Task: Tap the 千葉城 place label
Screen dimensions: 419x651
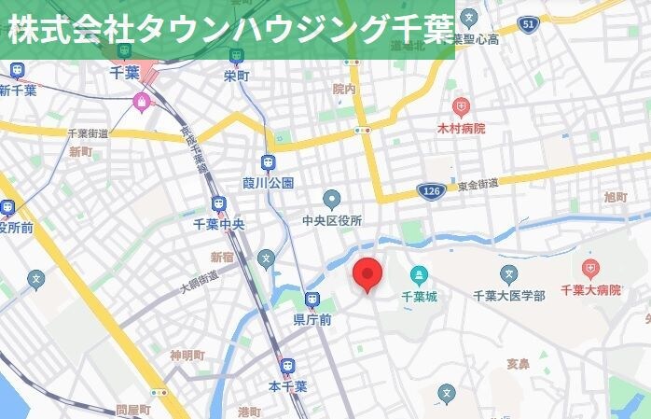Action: [419, 297]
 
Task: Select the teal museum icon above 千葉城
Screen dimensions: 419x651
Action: [419, 274]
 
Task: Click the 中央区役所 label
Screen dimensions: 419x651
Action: [332, 220]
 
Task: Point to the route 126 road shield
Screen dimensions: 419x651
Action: [430, 190]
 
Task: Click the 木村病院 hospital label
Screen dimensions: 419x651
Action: [461, 128]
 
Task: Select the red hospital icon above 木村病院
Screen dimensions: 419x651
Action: [461, 106]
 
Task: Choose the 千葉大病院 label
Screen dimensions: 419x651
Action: [590, 291]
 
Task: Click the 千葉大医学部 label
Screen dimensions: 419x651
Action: [508, 296]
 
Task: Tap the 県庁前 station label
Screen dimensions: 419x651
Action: [312, 320]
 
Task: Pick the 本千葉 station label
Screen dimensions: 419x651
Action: [287, 385]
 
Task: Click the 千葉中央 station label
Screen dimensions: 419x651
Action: [218, 224]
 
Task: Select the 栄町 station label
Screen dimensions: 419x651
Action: [237, 77]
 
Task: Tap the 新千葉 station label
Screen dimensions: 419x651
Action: [18, 91]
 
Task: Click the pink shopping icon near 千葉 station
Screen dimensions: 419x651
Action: [142, 101]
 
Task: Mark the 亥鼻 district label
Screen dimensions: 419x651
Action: [518, 363]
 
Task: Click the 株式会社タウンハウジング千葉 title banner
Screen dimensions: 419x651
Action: [228, 30]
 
